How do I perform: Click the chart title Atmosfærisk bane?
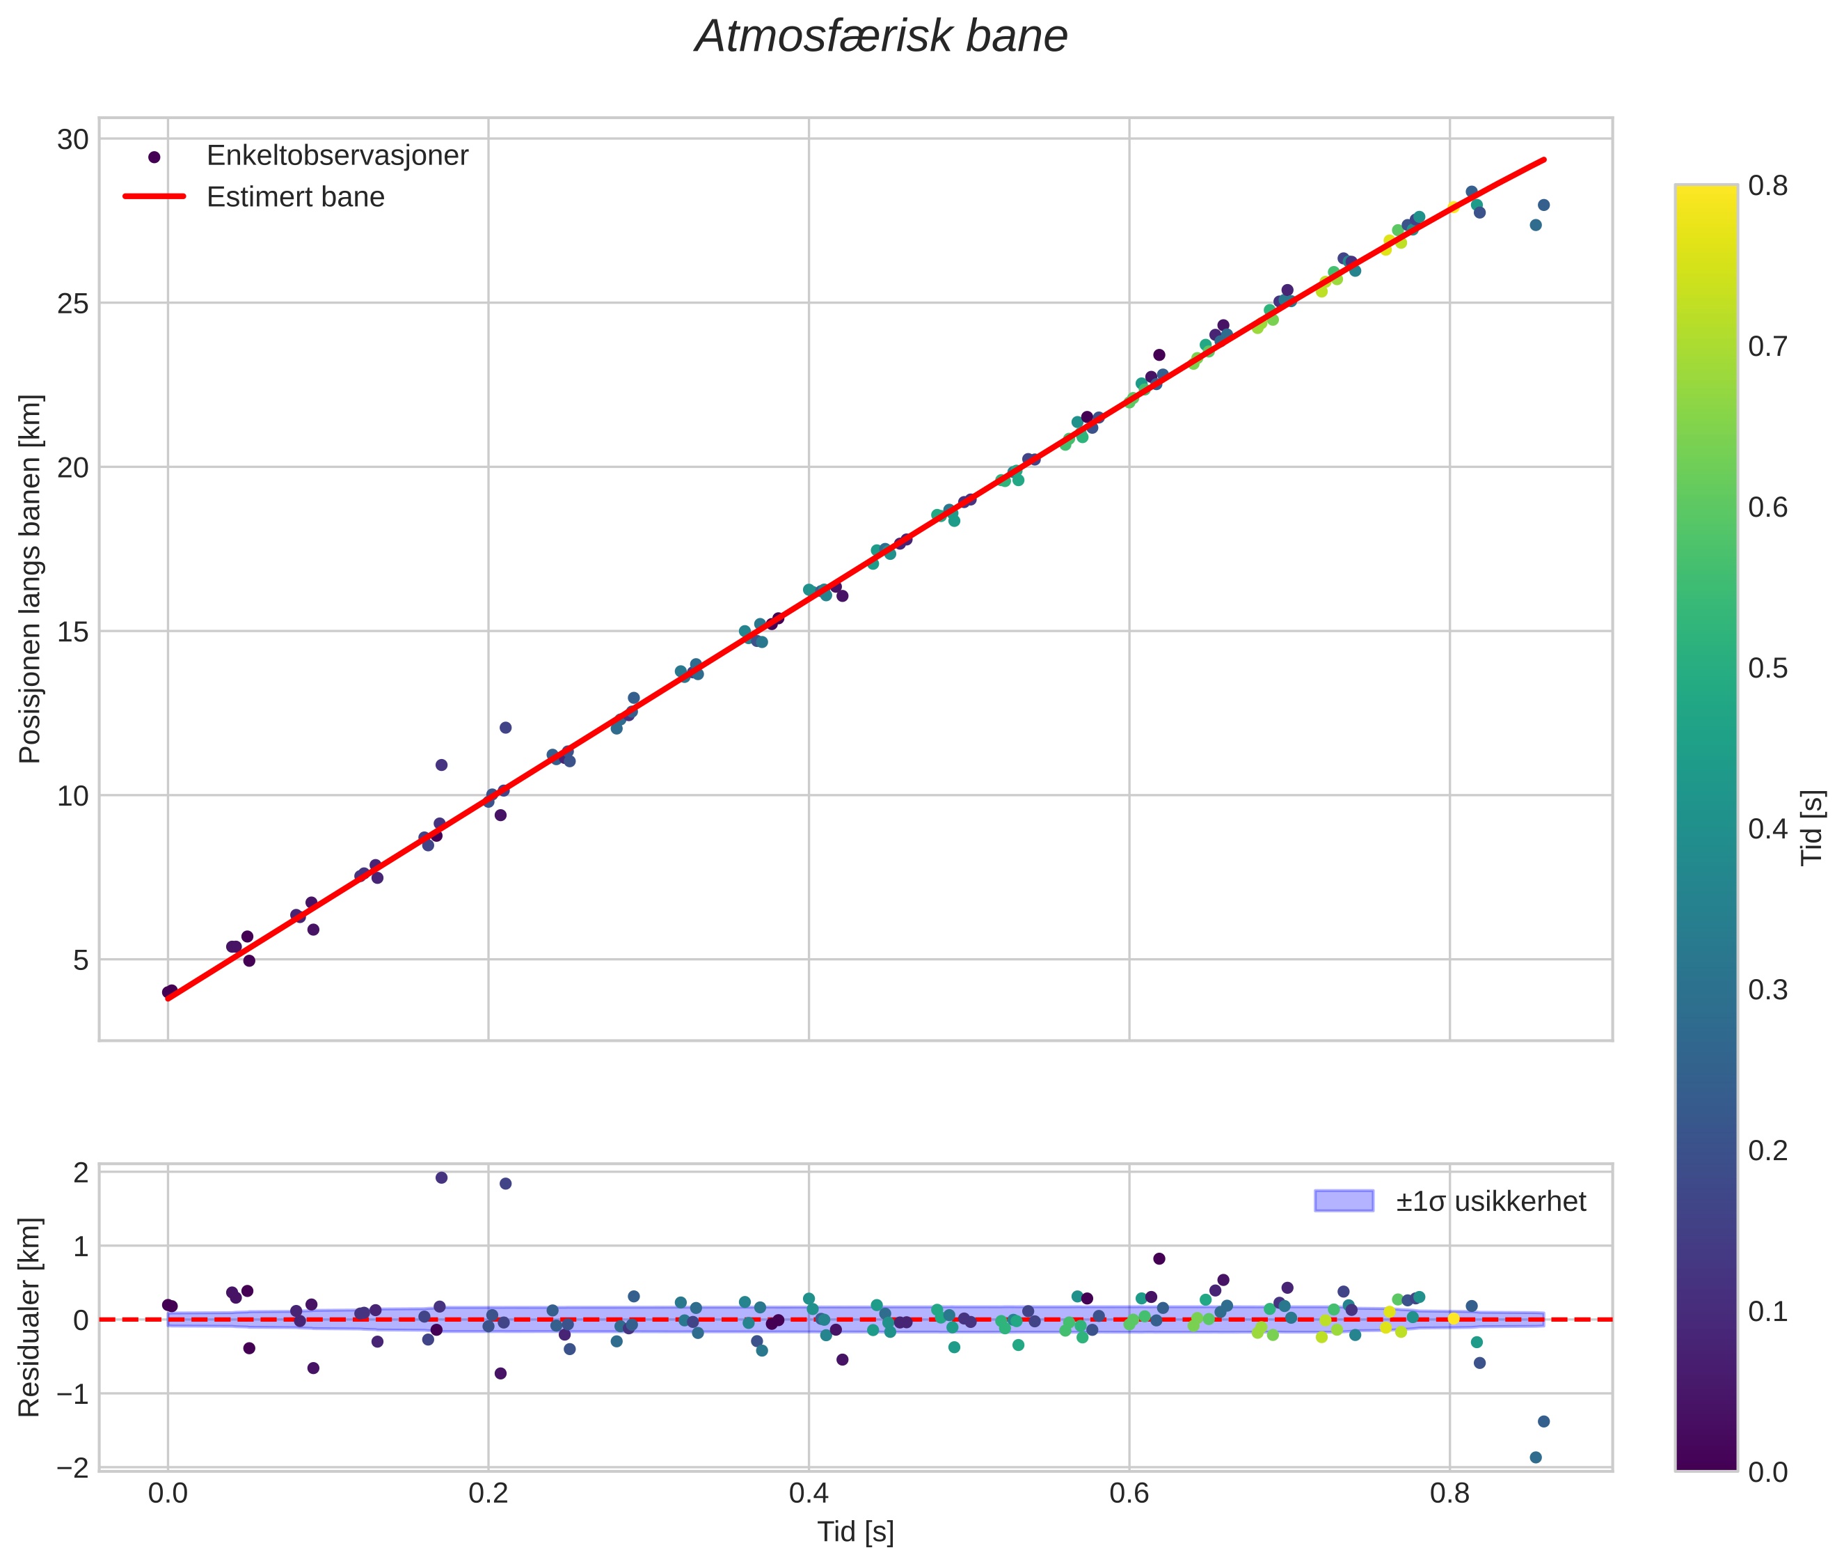(x=881, y=37)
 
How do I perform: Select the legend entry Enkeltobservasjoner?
(x=337, y=156)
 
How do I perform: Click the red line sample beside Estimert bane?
(x=154, y=197)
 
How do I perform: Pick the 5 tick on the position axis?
(x=81, y=960)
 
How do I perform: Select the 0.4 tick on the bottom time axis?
(x=808, y=1494)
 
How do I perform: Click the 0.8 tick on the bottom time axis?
(x=1449, y=1494)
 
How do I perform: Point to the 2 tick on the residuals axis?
(x=81, y=1173)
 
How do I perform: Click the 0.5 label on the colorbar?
(x=1767, y=668)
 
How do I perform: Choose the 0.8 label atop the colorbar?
(x=1767, y=185)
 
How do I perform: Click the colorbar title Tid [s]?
(x=1813, y=827)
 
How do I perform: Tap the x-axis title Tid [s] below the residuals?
(x=855, y=1532)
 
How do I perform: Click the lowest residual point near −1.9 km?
(x=1536, y=1457)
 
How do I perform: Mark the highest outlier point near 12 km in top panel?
(x=505, y=728)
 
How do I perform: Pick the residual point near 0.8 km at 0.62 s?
(x=1159, y=1259)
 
